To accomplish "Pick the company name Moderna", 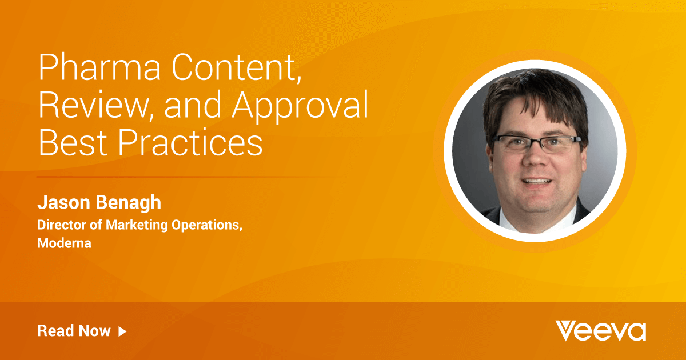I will pos(64,243).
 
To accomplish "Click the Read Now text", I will pos(74,331).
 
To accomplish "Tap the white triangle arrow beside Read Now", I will pos(122,331).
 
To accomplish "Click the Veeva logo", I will pos(601,331).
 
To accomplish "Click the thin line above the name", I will pos(189,177).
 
